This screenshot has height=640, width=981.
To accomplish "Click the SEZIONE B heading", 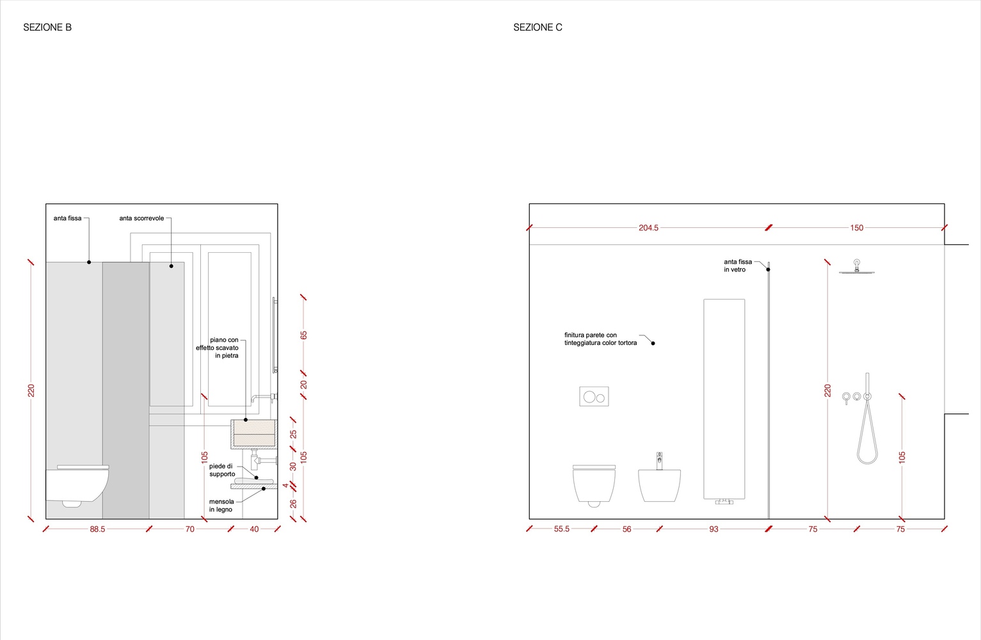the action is tap(47, 27).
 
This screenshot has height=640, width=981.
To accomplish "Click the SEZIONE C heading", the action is tap(538, 27).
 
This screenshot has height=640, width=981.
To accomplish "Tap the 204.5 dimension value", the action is tap(648, 228).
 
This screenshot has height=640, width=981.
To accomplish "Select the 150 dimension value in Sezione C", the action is tap(857, 228).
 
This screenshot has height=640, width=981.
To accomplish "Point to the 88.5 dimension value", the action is tap(97, 529).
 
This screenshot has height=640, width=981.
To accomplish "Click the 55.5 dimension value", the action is tap(561, 529).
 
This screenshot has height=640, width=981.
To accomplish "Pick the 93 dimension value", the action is tap(714, 529).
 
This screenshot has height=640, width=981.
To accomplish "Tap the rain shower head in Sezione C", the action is tap(857, 267).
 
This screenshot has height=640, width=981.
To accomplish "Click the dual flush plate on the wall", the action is tap(594, 396).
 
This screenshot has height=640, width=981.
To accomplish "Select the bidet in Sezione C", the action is tap(659, 480).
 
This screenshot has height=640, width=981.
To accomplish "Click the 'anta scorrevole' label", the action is tap(141, 218).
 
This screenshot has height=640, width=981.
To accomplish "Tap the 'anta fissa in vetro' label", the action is tap(737, 266).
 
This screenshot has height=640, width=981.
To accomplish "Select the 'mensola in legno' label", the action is tap(221, 506).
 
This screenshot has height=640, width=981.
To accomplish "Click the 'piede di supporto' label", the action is tap(221, 470).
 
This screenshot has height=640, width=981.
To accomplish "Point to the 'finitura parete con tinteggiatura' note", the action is tap(600, 339).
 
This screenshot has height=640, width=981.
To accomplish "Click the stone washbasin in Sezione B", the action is tap(254, 434).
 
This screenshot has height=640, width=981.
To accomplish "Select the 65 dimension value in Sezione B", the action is tap(303, 335).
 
